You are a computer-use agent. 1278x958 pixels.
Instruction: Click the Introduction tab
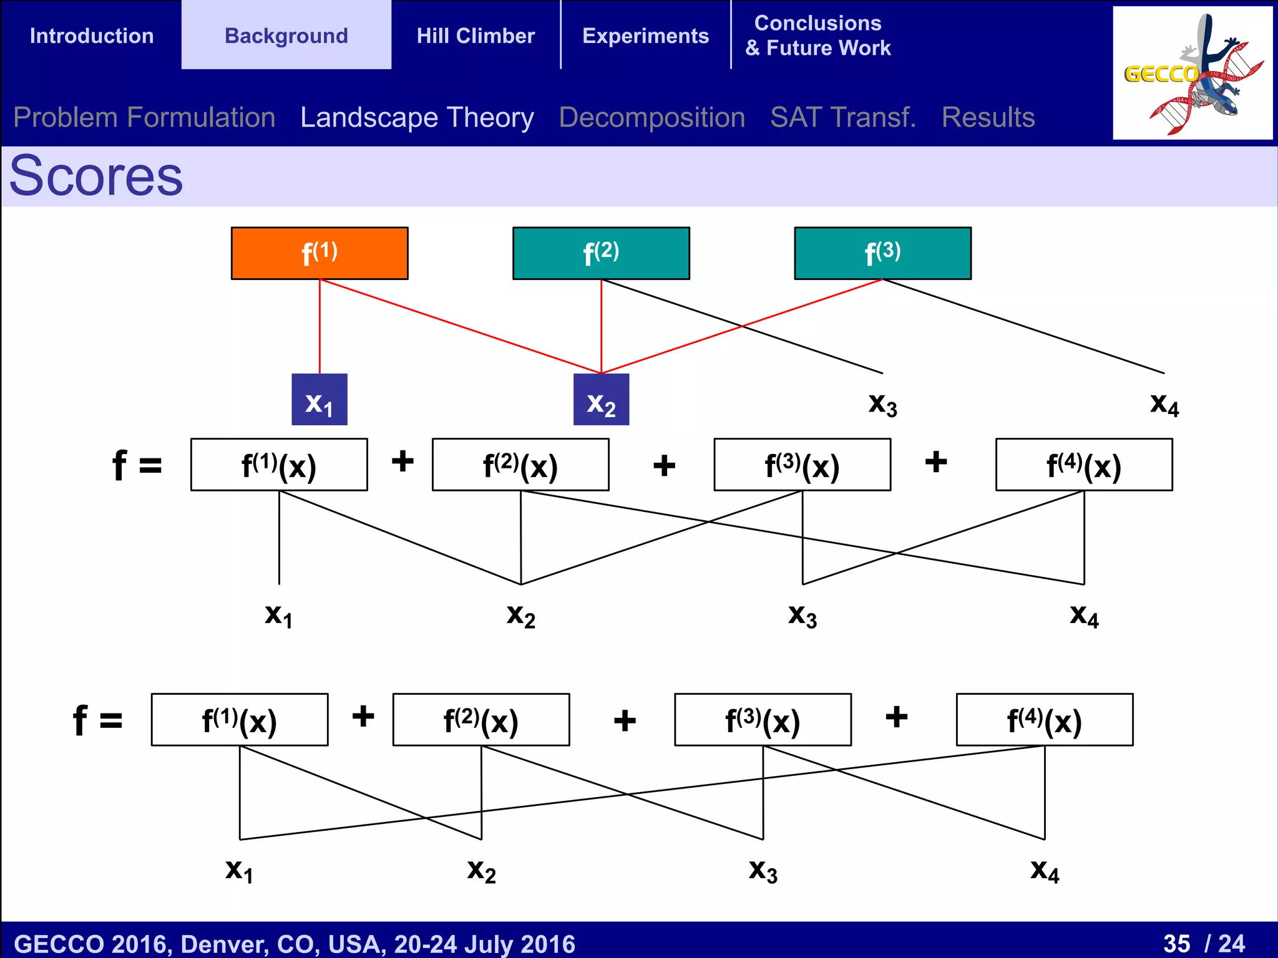92,36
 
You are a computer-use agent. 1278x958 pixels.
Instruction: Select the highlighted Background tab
286,36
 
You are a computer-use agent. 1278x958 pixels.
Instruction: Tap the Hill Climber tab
476,36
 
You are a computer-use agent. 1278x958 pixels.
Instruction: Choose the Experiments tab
645,36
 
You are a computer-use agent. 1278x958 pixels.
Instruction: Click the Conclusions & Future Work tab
817,36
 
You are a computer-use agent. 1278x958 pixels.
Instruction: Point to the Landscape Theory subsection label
417,117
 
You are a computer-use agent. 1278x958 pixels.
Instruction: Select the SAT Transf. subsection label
843,117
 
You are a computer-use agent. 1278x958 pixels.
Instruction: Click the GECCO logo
1192,74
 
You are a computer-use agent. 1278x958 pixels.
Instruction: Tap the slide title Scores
96,177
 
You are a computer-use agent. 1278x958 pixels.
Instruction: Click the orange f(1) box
319,253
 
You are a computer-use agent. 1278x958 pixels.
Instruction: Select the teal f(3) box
882,253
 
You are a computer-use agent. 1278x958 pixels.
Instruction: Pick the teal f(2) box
601,253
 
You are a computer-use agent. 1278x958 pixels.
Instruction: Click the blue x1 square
319,400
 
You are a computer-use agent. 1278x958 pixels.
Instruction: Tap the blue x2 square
601,400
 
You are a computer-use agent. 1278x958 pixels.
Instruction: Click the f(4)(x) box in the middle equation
1084,465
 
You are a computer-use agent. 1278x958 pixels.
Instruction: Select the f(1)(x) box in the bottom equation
240,720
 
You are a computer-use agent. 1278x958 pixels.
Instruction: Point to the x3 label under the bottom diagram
763,871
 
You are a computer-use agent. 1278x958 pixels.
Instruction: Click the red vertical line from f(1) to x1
319,327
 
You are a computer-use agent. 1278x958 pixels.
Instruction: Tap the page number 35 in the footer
1176,944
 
